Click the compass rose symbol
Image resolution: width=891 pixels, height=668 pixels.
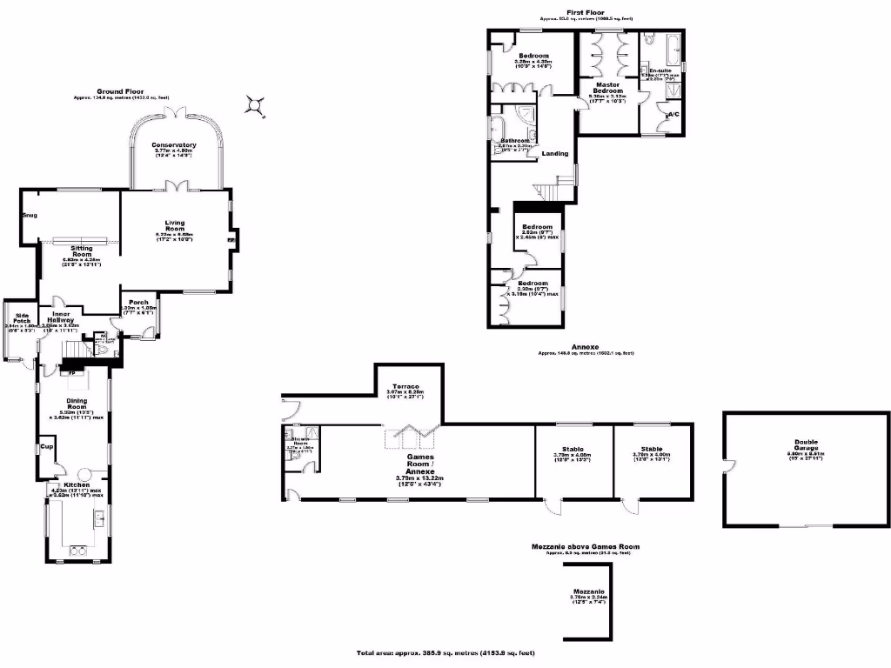[x=253, y=105]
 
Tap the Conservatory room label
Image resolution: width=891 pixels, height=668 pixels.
[x=174, y=145]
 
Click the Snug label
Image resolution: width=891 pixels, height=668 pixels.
[x=30, y=215]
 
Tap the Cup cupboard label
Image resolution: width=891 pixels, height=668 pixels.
[x=47, y=447]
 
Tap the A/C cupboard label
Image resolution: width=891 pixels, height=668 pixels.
[x=673, y=115]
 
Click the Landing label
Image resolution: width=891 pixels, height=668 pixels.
[x=554, y=154]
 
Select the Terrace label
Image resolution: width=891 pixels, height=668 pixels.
[x=405, y=385]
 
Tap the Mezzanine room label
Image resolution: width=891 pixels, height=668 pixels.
[x=589, y=591]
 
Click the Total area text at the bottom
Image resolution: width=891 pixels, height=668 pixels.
[x=445, y=652]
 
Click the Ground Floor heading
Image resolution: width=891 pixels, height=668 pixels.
[x=120, y=90]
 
